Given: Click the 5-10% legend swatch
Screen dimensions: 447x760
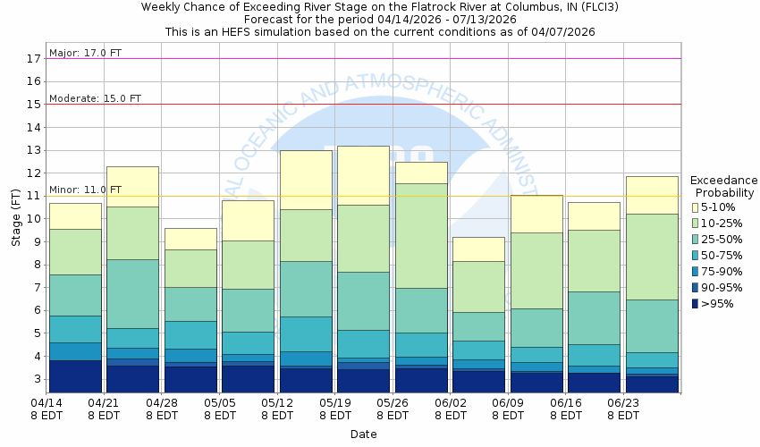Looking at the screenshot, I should click(697, 207).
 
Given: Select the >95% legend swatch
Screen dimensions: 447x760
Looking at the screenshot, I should click(697, 304).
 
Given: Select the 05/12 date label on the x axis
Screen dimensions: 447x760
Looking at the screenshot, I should click(278, 409).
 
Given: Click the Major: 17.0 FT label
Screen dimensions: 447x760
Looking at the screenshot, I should click(86, 53).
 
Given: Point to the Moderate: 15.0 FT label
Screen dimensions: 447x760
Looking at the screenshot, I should click(95, 98).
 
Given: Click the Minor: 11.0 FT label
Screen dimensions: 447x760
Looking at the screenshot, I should click(85, 190).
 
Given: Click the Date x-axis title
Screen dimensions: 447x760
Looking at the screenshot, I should click(363, 434).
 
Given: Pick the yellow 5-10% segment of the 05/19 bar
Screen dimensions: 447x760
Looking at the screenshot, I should click(363, 175).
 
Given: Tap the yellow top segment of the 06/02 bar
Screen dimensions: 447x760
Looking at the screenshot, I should click(478, 249).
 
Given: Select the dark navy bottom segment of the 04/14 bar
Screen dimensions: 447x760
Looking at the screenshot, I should click(75, 375).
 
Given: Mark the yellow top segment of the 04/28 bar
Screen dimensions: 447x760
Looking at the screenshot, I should click(190, 239).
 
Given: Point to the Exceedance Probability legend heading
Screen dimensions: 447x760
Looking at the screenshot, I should click(725, 186).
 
